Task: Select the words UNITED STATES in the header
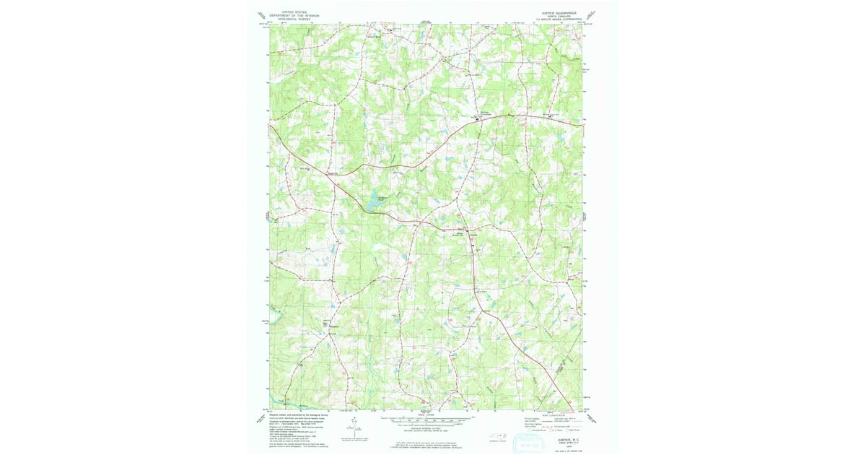click(x=293, y=12)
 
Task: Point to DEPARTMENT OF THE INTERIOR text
click(x=293, y=16)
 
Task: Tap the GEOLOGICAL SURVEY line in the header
click(x=293, y=19)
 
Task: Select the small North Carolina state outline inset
click(x=499, y=435)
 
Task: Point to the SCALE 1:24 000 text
click(x=426, y=413)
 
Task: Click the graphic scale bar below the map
click(x=426, y=419)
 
